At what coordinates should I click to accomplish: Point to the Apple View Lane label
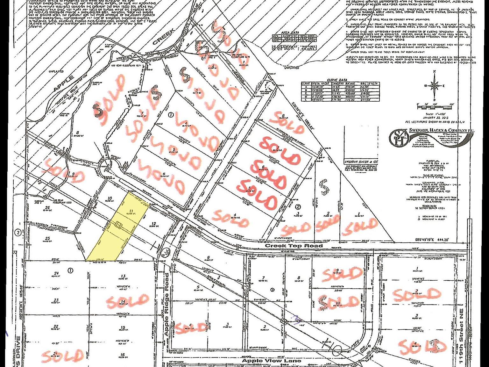(x=272, y=361)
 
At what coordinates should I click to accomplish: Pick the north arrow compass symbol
(x=434, y=85)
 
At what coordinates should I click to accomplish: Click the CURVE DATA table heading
(x=340, y=80)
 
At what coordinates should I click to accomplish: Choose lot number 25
(x=47, y=239)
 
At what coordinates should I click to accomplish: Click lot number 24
(x=57, y=273)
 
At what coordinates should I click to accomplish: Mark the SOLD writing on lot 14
(x=127, y=301)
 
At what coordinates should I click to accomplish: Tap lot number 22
(x=56, y=326)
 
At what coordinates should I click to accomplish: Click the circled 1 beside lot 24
(x=71, y=270)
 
